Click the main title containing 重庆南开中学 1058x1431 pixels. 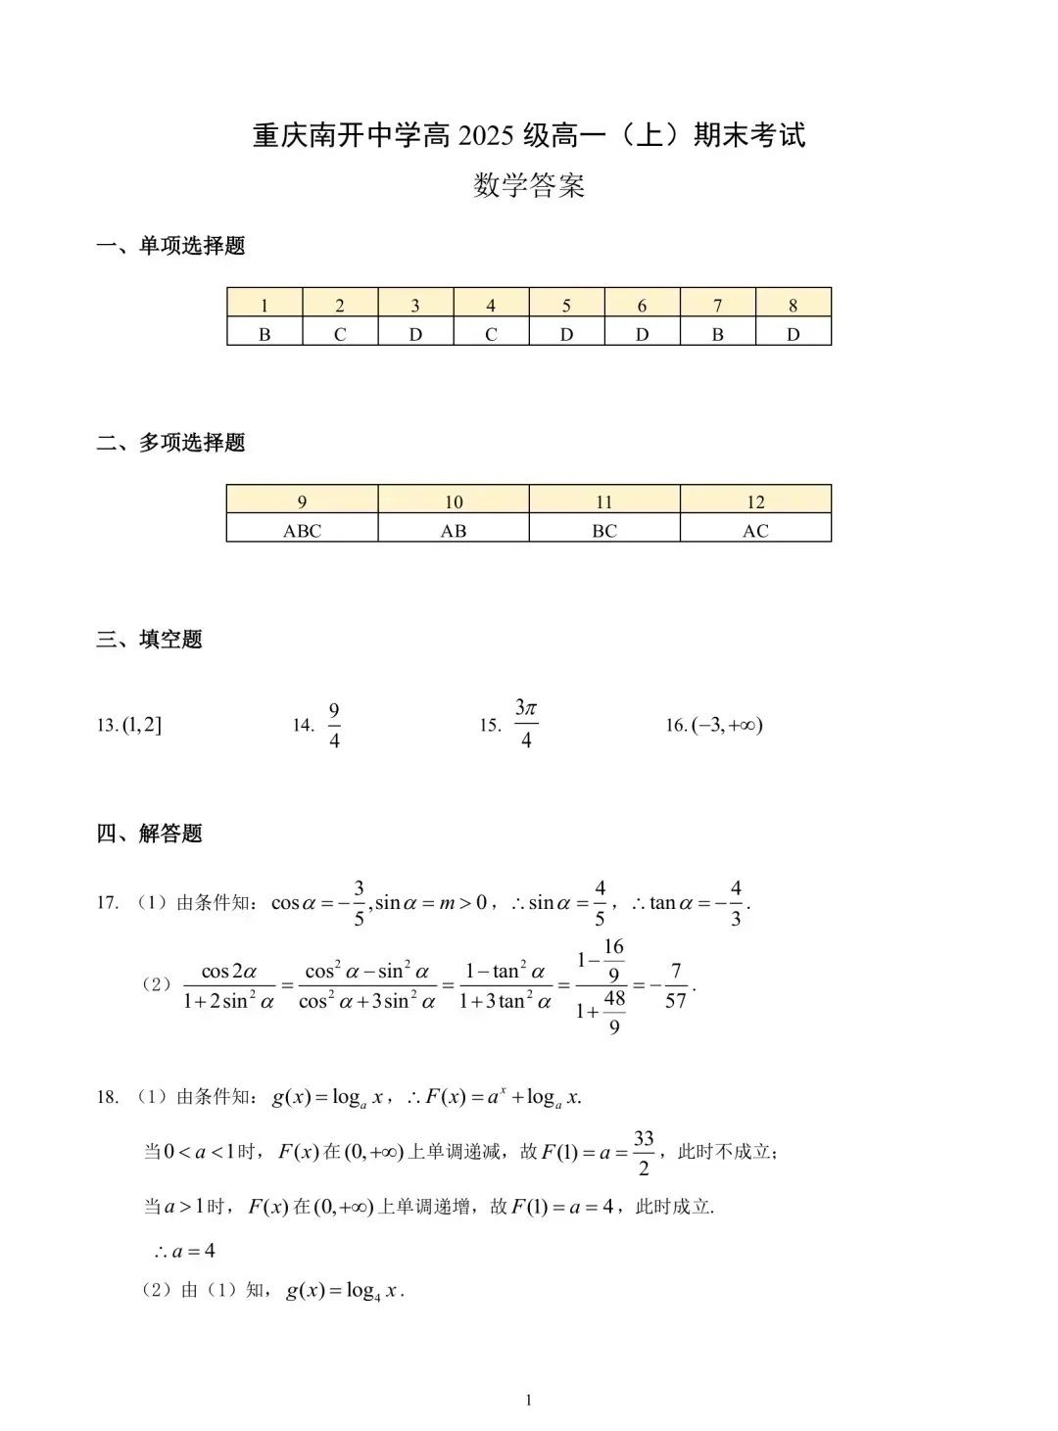tap(529, 135)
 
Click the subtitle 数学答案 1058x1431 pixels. tap(529, 185)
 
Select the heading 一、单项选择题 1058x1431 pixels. tap(171, 246)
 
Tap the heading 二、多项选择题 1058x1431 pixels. tap(171, 443)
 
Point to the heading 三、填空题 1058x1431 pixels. tap(150, 640)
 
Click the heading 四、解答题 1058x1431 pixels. tap(150, 834)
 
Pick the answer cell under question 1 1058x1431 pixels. tap(264, 334)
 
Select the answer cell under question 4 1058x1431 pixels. tap(491, 334)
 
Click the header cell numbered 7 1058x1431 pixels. tap(718, 306)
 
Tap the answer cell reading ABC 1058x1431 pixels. tap(302, 531)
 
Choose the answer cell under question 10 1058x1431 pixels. tap(454, 531)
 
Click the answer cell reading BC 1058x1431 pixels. tap(604, 531)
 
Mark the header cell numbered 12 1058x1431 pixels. tap(755, 501)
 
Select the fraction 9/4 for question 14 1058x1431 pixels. tap(334, 726)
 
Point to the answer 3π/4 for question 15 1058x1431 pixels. tap(526, 724)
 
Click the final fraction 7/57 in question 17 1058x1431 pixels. tap(675, 986)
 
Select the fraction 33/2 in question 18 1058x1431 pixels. tap(644, 1153)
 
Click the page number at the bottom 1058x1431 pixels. tap(529, 1401)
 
